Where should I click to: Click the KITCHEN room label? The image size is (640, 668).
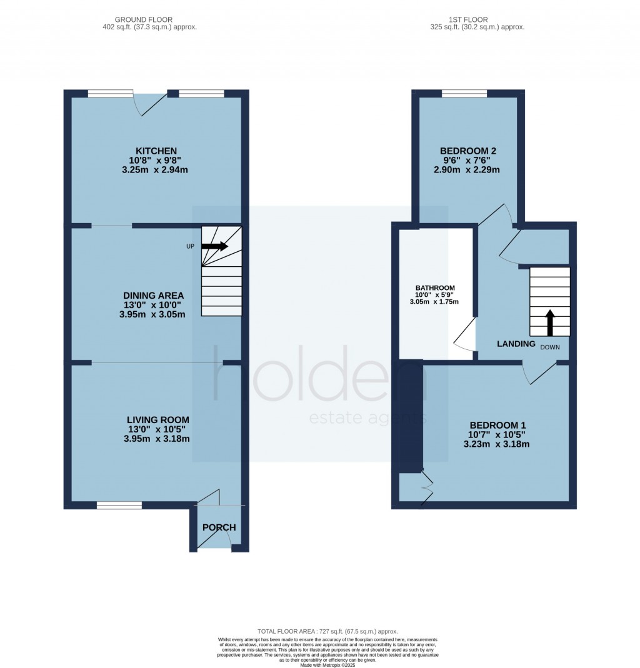click(x=156, y=151)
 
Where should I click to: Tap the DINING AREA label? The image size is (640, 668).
click(x=153, y=295)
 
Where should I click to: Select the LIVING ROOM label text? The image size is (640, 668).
click(x=157, y=420)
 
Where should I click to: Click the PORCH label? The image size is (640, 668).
click(x=219, y=527)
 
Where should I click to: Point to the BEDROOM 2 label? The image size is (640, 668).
click(x=468, y=151)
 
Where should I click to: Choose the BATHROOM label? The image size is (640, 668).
click(x=435, y=288)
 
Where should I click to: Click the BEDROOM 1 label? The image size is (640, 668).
click(x=497, y=425)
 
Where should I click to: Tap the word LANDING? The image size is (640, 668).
click(x=516, y=344)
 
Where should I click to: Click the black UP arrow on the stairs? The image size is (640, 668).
click(x=214, y=246)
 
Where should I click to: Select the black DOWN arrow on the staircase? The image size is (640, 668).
click(x=550, y=322)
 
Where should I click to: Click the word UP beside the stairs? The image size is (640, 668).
click(x=190, y=246)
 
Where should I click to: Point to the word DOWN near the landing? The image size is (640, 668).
click(x=550, y=347)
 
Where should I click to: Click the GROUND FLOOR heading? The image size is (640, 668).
click(x=144, y=19)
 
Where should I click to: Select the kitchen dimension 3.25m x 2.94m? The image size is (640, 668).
click(x=155, y=169)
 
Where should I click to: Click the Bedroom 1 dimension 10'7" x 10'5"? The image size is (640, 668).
click(x=497, y=434)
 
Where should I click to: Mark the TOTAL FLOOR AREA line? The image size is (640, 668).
click(x=327, y=631)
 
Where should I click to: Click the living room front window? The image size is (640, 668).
click(x=119, y=506)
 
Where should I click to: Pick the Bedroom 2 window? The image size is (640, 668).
click(x=464, y=93)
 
